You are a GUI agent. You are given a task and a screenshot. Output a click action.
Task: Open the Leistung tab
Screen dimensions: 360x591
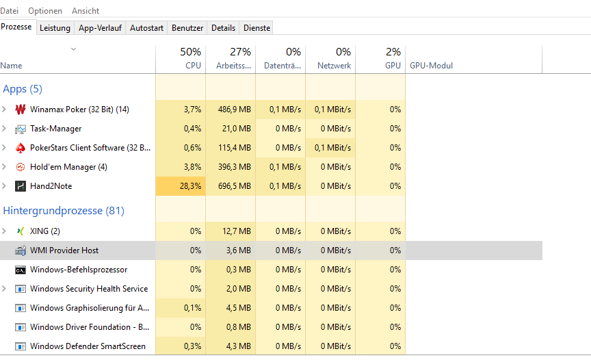[x=55, y=28]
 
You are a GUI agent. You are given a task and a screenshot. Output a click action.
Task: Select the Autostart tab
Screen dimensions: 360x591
[x=146, y=28]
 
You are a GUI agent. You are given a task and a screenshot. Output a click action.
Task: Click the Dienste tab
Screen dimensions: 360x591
[x=257, y=28]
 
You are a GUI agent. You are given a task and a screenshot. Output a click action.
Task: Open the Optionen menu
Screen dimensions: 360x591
[x=45, y=11]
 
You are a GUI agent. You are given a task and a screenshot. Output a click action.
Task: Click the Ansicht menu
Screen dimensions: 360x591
[x=86, y=11]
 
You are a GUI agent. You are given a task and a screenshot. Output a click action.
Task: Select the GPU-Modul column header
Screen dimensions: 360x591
[x=432, y=66]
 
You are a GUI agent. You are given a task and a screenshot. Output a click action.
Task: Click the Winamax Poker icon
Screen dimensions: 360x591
[x=20, y=110]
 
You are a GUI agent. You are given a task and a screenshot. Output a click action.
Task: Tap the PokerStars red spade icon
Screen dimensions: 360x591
[x=20, y=148]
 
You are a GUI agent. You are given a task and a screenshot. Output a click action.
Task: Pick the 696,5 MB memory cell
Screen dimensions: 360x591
[x=235, y=186]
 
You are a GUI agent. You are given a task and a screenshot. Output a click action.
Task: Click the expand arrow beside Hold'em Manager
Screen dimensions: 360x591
[x=5, y=167]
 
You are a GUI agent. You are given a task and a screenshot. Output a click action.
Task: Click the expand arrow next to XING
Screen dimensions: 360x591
[x=5, y=231]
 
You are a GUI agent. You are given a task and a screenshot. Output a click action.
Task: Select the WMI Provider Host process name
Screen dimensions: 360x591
[x=64, y=250]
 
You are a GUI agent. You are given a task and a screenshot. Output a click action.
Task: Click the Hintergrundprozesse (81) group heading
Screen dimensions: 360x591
[x=64, y=211]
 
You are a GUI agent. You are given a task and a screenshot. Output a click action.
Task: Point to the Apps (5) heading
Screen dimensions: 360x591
[x=23, y=89]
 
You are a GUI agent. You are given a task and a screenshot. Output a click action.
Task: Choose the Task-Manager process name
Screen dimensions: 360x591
[x=55, y=129]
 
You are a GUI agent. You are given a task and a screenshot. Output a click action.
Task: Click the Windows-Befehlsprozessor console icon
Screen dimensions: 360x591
[x=21, y=270]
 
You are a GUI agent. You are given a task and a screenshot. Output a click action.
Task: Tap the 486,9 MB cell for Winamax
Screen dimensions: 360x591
[x=235, y=110]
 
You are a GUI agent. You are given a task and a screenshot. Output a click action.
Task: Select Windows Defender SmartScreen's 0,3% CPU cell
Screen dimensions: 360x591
[x=192, y=346]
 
